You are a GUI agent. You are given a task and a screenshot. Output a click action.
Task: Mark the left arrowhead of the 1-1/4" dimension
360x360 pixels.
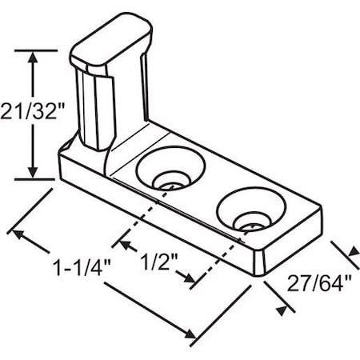pos(15,233)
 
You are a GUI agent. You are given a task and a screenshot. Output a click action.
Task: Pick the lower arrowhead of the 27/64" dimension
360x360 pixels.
pos(280,309)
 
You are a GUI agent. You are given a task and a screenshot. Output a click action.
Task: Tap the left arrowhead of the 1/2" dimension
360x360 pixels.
pos(122,239)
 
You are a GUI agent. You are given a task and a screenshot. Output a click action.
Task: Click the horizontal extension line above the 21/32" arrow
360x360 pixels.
pos(36,50)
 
